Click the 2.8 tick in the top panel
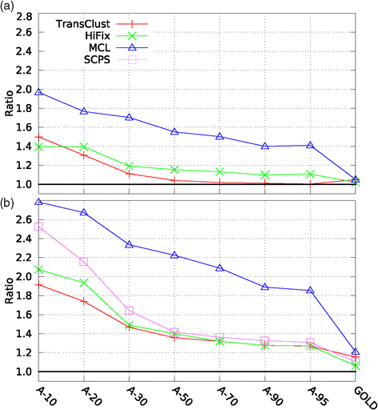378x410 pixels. point(18,16)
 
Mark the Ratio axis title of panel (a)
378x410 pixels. point(9,104)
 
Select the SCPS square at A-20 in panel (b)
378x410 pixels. point(84,262)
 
